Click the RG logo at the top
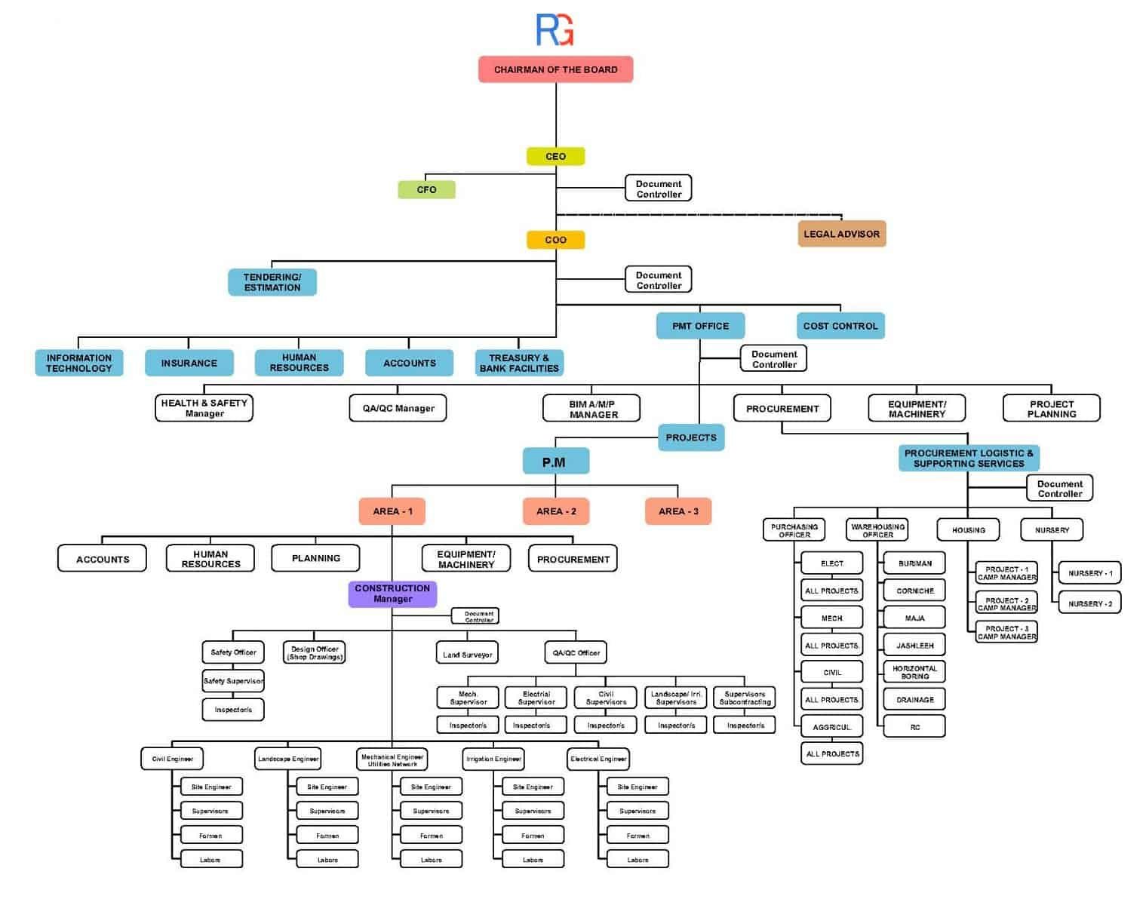(x=555, y=29)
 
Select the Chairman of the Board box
(x=555, y=69)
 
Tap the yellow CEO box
(x=555, y=156)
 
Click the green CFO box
(x=426, y=189)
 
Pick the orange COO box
(x=555, y=240)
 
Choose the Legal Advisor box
(x=841, y=234)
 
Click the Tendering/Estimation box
(x=272, y=282)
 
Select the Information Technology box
(x=79, y=363)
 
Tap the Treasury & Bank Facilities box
(x=519, y=363)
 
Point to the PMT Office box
(x=700, y=326)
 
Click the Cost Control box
(x=840, y=326)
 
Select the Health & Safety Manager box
(x=204, y=408)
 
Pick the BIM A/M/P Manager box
(x=592, y=409)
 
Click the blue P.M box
(x=555, y=462)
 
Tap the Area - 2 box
(x=556, y=511)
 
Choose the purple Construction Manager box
(x=392, y=594)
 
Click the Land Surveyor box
(x=467, y=654)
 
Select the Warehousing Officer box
(x=877, y=530)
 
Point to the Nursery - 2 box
(x=1089, y=603)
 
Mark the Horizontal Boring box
(x=914, y=672)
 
